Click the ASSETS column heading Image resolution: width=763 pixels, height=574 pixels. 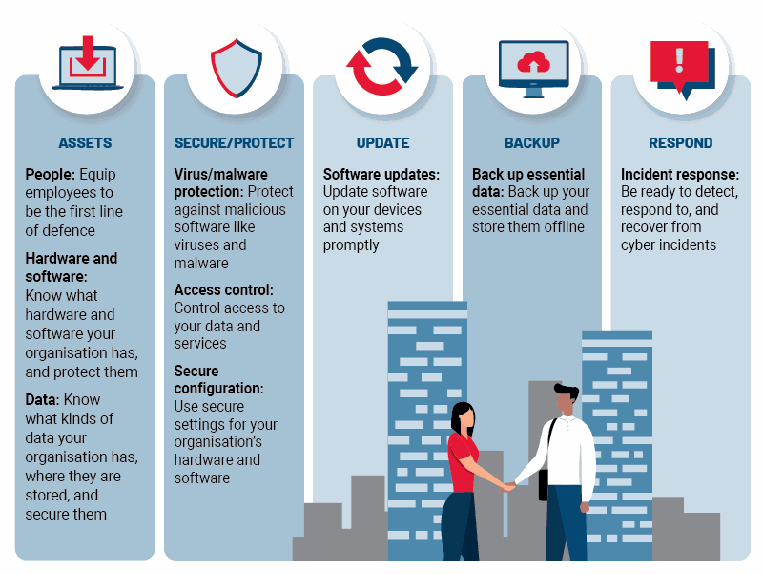(x=85, y=143)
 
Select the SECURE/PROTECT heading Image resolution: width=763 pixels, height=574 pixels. (x=234, y=143)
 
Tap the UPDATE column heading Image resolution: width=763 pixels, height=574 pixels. (x=382, y=143)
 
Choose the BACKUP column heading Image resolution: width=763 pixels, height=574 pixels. (x=531, y=143)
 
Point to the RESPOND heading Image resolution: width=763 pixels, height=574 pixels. (x=680, y=143)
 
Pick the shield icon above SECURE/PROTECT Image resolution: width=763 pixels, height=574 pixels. (x=235, y=67)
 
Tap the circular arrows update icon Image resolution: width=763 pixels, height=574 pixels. (x=381, y=67)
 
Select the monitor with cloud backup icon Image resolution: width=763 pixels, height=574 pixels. (x=532, y=67)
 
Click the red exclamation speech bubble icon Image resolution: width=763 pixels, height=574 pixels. (x=679, y=67)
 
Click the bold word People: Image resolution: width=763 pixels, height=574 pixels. (x=50, y=175)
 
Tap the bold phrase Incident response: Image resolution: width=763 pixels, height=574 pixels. (x=680, y=175)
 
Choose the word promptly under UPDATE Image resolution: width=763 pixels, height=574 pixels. (x=351, y=245)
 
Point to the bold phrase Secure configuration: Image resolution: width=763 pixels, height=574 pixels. (x=218, y=380)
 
